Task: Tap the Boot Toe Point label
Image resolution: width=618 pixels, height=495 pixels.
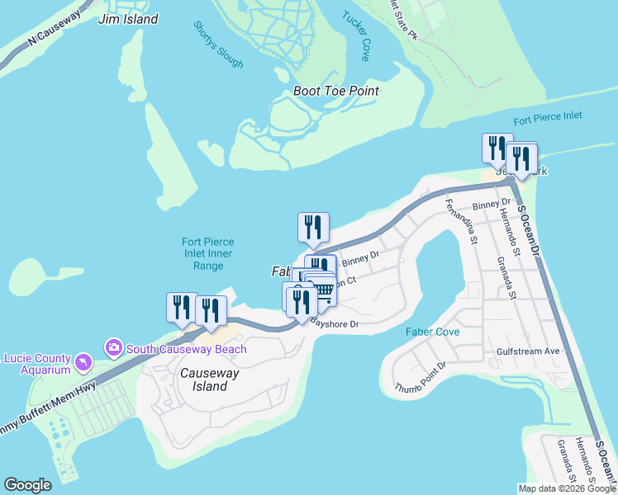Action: coord(336,91)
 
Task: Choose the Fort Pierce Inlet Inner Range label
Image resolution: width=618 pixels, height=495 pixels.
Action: coord(208,254)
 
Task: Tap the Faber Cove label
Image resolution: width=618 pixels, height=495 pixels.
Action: coord(432,331)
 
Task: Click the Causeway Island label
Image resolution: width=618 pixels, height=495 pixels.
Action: coord(204,379)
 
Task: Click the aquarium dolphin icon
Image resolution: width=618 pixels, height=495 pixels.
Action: coord(83,362)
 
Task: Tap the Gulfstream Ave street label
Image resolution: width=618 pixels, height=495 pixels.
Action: coord(528,351)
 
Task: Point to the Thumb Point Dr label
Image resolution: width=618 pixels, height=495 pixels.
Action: coord(421,376)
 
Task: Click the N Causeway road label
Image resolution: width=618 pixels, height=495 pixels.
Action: coord(55,28)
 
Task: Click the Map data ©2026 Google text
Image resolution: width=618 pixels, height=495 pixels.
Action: coord(566,488)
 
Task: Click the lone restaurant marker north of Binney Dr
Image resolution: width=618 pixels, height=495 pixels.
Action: coord(313,227)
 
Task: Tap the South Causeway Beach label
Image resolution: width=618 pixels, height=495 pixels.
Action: coord(187,349)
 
